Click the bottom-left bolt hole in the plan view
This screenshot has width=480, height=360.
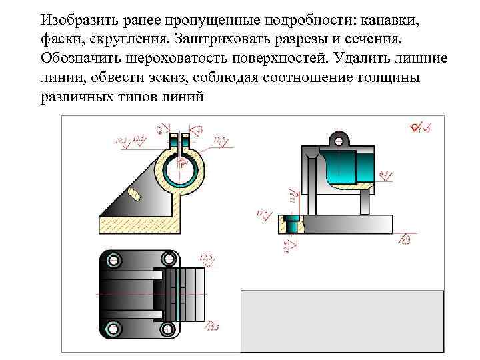tap(111, 328)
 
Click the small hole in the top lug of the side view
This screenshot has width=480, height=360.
tap(339, 141)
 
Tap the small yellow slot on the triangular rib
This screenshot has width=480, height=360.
tap(136, 194)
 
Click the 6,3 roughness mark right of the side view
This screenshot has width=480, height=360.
tap(385, 175)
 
